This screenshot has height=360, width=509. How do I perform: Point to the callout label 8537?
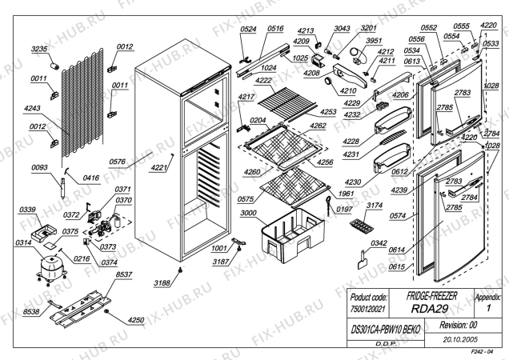coord(124,274)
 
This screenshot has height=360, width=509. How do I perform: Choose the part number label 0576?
coord(120,161)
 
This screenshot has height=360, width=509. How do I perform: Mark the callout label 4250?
coord(137,321)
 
